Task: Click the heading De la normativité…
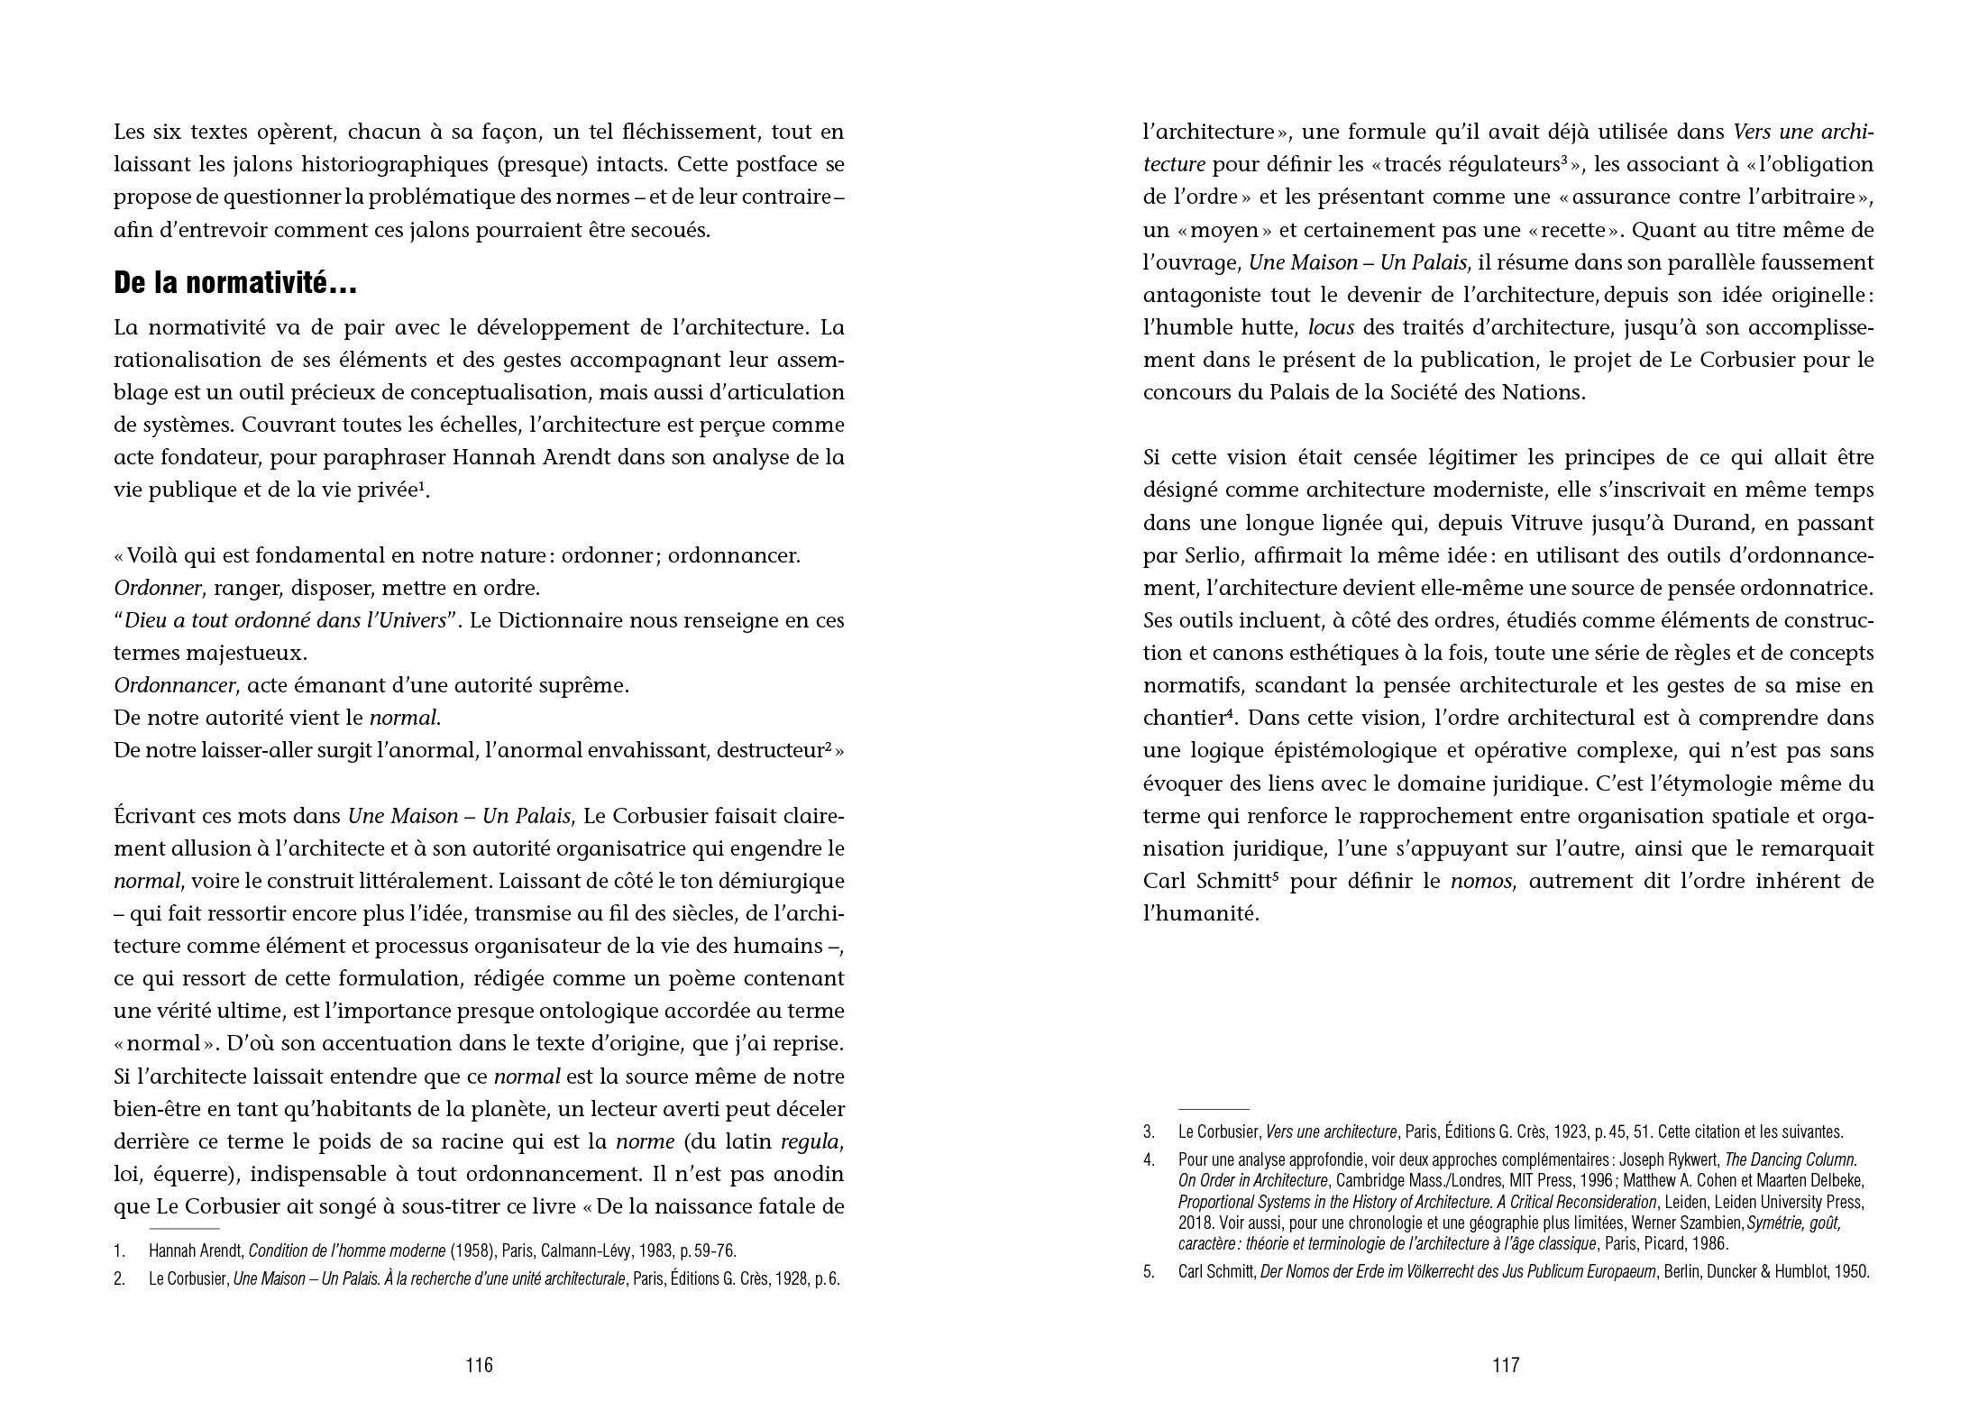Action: pos(235,285)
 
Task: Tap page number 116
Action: pos(479,1365)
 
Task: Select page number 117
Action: pos(1506,1365)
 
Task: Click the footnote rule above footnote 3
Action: pos(1214,1108)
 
